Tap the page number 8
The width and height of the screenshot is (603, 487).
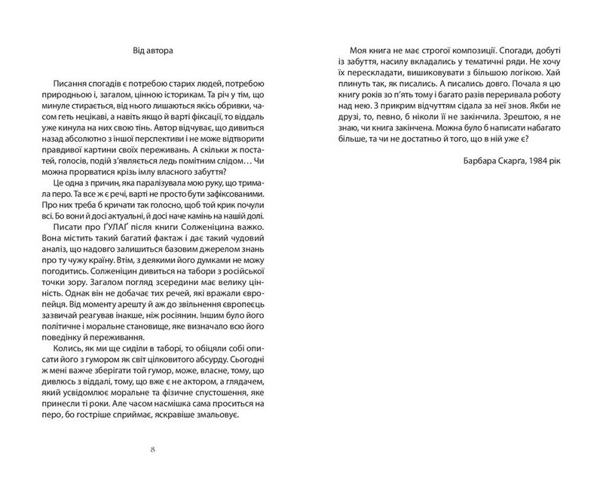point(152,449)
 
